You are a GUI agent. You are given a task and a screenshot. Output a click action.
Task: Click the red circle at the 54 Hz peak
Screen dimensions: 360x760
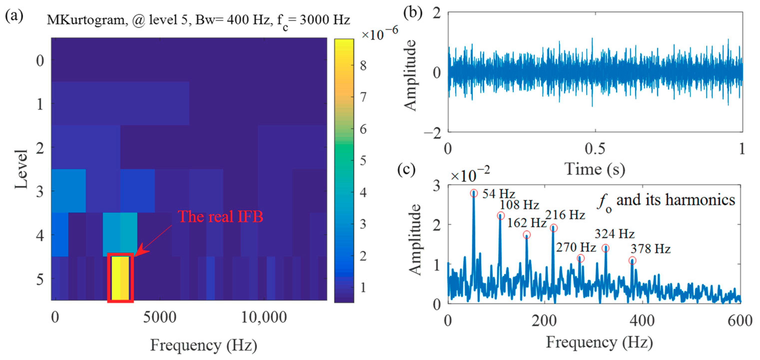pyautogui.click(x=474, y=194)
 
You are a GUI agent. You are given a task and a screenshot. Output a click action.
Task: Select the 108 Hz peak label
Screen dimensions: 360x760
pyautogui.click(x=519, y=205)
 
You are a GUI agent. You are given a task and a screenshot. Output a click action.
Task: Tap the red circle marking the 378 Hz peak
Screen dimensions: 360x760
pyautogui.click(x=632, y=261)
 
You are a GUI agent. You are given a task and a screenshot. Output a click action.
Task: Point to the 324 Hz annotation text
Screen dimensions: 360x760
pyautogui.click(x=615, y=234)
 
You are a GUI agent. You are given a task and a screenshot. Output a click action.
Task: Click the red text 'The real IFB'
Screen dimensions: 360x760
pyautogui.click(x=220, y=217)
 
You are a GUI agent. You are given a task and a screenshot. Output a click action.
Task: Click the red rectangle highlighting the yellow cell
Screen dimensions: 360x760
pyautogui.click(x=121, y=278)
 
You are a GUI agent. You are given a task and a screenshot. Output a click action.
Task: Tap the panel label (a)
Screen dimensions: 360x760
pyautogui.click(x=14, y=15)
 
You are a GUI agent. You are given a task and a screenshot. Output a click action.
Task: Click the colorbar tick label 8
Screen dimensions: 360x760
pyautogui.click(x=364, y=65)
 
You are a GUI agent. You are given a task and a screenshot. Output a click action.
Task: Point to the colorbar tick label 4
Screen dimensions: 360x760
pyautogui.click(x=364, y=193)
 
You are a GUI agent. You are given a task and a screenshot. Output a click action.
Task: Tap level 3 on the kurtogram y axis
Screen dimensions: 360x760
pyautogui.click(x=40, y=192)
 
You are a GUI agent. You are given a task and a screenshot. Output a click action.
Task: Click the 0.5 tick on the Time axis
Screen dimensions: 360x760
pyautogui.click(x=595, y=149)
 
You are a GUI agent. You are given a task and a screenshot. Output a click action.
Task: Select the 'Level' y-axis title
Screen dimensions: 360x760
pyautogui.click(x=21, y=169)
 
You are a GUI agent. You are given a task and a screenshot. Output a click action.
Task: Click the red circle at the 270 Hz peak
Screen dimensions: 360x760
pyautogui.click(x=581, y=259)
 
